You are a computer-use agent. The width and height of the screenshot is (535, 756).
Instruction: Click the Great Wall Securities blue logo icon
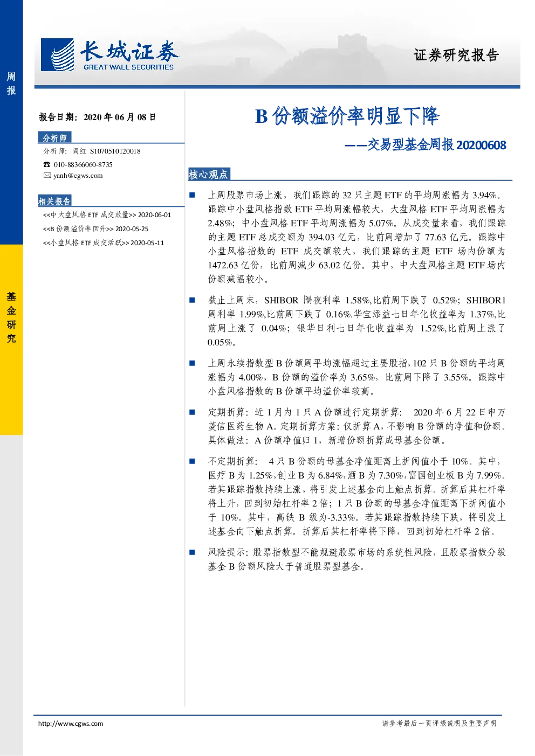[x=57, y=54]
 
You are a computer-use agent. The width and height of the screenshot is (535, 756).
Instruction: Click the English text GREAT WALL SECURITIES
[x=129, y=67]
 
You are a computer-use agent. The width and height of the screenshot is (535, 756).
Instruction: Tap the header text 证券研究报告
[x=456, y=55]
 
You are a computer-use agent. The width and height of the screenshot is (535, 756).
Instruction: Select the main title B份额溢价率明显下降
[x=347, y=116]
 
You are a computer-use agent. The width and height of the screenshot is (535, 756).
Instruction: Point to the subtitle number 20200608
[x=481, y=145]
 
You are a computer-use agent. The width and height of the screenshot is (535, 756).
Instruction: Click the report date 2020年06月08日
[x=120, y=117]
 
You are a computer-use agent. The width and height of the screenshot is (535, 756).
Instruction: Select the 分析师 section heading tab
[x=54, y=137]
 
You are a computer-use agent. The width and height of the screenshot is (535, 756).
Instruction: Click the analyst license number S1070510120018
[x=115, y=151]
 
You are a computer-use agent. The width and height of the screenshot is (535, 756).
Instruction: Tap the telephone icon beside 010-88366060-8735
[x=46, y=164]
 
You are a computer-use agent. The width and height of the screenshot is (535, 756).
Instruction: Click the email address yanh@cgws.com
[x=78, y=176]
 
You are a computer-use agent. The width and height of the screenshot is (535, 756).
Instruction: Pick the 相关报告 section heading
[x=54, y=201]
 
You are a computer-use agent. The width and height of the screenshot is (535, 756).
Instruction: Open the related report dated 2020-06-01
[x=107, y=215]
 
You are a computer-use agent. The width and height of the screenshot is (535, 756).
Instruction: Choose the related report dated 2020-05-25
[x=95, y=229]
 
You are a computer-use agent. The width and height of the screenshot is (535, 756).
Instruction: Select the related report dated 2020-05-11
[x=104, y=243]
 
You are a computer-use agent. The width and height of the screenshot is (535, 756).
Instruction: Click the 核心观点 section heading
[x=208, y=175]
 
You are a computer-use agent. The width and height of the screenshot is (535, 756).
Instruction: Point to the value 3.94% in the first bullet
[x=485, y=195]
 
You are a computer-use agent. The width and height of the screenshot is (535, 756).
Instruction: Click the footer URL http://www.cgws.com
[x=71, y=724]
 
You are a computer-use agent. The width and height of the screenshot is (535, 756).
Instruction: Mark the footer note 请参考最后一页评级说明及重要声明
[x=439, y=723]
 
